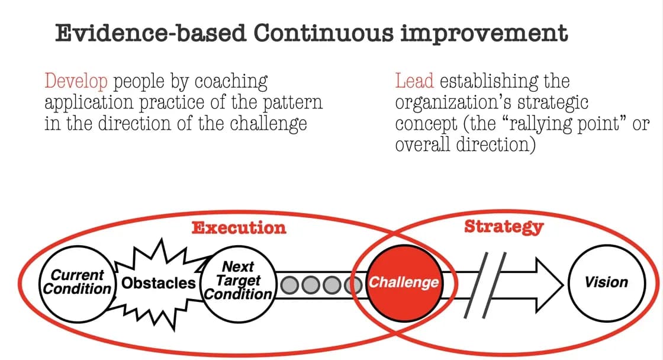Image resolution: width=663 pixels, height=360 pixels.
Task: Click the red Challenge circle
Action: [x=404, y=282]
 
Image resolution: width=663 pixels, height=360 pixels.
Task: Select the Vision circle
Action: [x=606, y=282]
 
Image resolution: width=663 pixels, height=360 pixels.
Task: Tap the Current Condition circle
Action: [x=78, y=282]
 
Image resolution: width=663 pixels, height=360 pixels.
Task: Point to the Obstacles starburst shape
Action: [x=158, y=283]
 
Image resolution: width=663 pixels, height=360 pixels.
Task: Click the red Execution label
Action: [x=239, y=227]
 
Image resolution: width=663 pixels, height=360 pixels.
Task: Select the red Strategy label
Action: [x=503, y=226]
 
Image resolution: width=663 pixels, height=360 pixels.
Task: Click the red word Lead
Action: [x=414, y=81]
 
